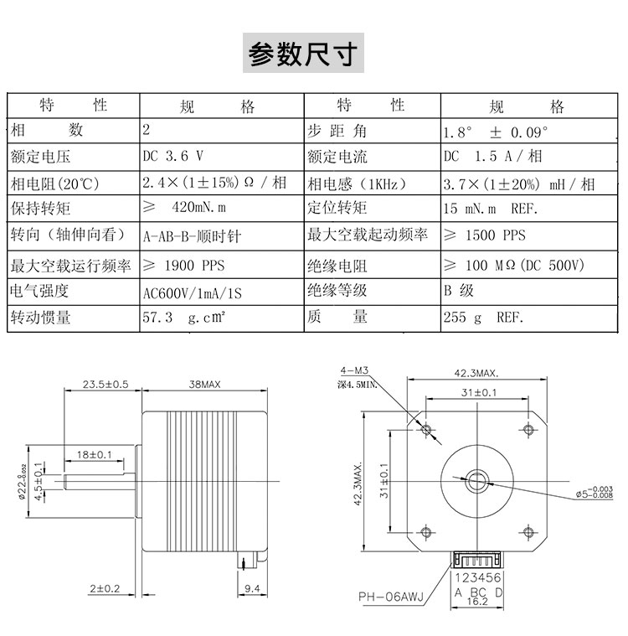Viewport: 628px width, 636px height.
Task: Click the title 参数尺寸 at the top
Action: tap(303, 54)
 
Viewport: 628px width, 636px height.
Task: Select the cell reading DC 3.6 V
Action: tap(172, 156)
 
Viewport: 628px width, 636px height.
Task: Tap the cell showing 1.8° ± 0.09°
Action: tap(496, 132)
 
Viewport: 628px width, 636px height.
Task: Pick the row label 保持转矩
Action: tap(40, 208)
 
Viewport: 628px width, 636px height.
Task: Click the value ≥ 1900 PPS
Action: tap(183, 266)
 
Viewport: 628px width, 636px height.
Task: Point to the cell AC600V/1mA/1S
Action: tap(193, 292)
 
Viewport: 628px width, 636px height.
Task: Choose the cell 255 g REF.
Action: tap(483, 317)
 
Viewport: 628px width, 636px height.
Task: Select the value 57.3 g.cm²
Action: tap(183, 317)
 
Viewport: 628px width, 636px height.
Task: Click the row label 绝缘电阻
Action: tap(337, 266)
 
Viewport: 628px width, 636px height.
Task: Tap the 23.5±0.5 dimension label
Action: tap(106, 384)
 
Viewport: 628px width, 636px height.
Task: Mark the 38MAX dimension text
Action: tap(205, 384)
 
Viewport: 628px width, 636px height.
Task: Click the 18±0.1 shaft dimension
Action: tap(94, 454)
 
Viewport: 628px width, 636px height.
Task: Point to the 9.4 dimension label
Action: tap(252, 588)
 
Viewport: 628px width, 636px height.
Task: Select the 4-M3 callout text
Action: tap(354, 370)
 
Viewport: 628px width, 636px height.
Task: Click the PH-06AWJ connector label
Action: tap(391, 597)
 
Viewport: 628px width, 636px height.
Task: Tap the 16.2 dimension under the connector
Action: tap(477, 601)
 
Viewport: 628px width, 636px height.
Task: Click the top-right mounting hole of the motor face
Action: tap(528, 429)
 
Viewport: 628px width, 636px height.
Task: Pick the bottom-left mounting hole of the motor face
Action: tap(426, 531)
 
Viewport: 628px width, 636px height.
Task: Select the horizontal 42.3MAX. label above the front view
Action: tap(476, 373)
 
